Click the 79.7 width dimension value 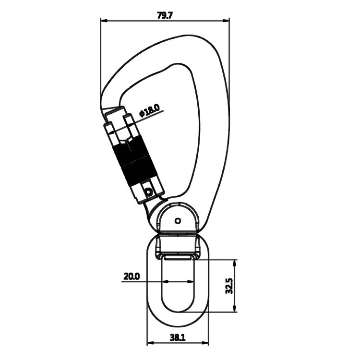pos(165,14)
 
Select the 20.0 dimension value pos(131,276)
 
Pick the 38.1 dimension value pos(177,337)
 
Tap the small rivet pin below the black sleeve pos(149,192)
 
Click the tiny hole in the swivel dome pos(178,221)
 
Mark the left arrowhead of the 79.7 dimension pos(103,20)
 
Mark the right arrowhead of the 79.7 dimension pos(227,20)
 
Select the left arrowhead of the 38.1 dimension pos(149,343)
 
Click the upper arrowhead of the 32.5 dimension pos(235,262)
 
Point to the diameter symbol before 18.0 pos(142,114)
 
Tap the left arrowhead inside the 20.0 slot pos(164,281)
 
